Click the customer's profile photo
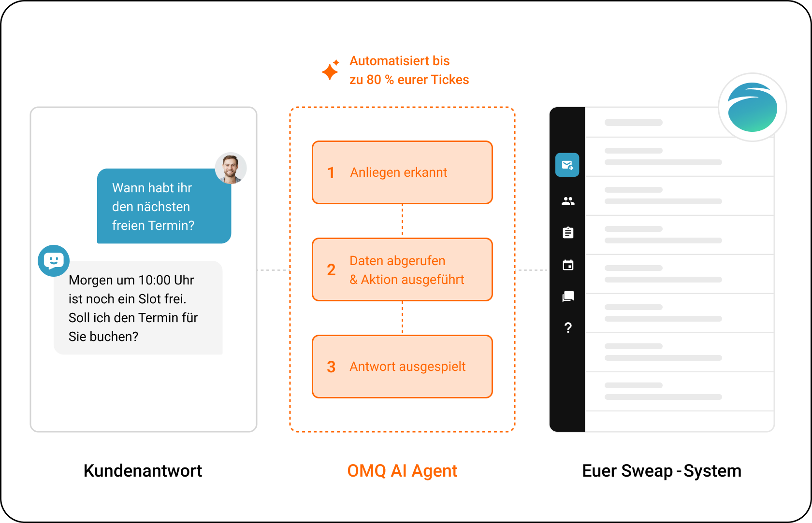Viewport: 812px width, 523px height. click(231, 168)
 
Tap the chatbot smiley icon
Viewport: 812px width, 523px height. click(54, 261)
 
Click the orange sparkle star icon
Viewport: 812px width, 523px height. click(331, 70)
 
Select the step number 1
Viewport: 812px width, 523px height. click(331, 173)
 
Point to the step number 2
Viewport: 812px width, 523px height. click(331, 270)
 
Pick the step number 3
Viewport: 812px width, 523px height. click(331, 367)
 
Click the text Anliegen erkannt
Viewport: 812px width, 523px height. click(398, 173)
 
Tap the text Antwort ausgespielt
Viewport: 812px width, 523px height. click(407, 367)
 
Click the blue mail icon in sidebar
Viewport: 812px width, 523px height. click(567, 165)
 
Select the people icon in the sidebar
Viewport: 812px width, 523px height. click(568, 201)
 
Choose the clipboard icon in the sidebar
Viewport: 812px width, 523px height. click(568, 233)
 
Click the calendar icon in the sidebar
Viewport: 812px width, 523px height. click(568, 265)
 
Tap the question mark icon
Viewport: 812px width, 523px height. click(568, 328)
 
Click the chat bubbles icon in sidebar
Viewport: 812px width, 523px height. click(568, 297)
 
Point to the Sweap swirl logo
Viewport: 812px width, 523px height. click(753, 107)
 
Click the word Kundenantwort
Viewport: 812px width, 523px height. click(143, 471)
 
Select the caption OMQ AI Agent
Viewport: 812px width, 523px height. click(402, 471)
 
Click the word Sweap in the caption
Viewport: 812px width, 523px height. click(647, 471)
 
